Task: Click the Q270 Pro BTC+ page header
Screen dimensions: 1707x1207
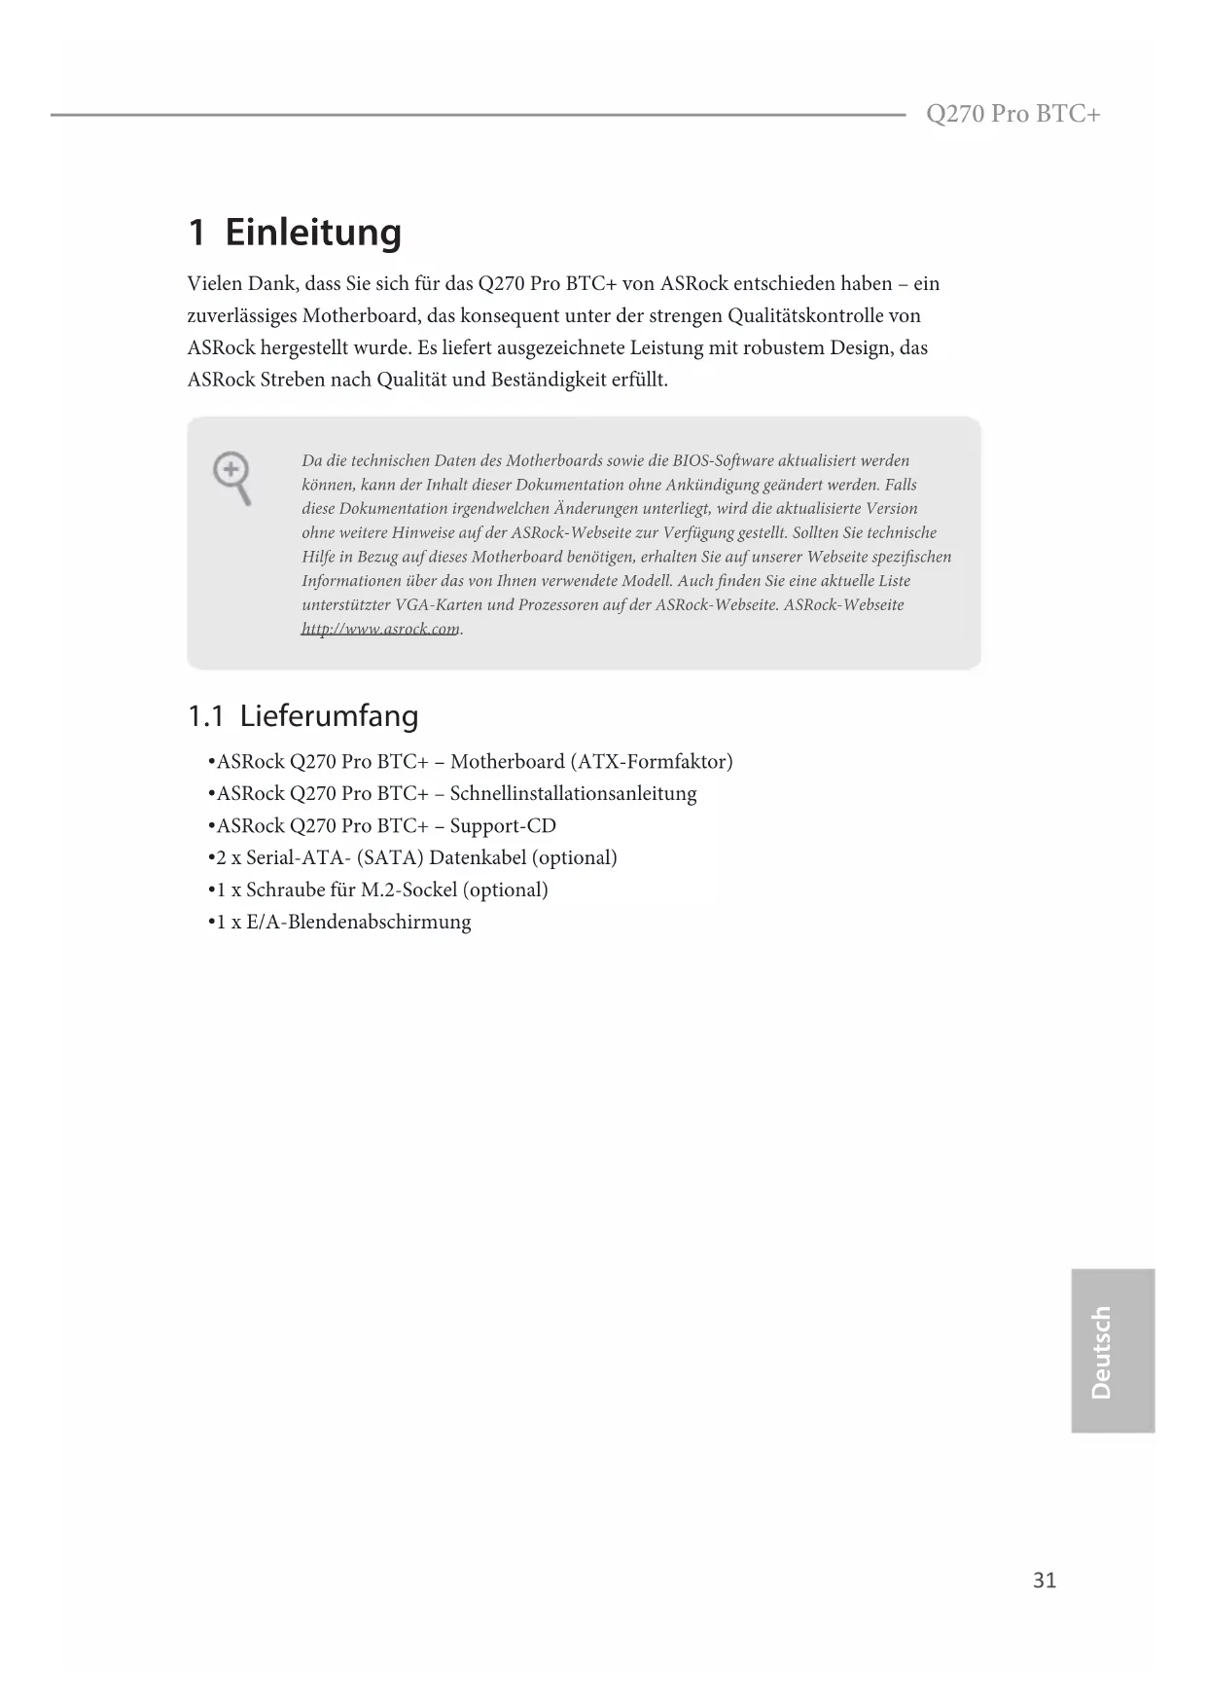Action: pyautogui.click(x=1012, y=115)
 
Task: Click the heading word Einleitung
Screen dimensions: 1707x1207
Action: pyautogui.click(x=313, y=233)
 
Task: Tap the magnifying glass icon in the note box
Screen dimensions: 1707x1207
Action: pyautogui.click(x=232, y=478)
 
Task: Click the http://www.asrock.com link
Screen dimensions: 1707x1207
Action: pyautogui.click(x=380, y=629)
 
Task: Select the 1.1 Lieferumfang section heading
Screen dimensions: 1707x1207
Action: pyautogui.click(x=302, y=716)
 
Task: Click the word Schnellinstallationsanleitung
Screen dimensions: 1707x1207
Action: pyautogui.click(x=573, y=793)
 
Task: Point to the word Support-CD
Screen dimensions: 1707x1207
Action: pyautogui.click(x=503, y=825)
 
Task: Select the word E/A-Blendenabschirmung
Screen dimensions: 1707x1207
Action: pyautogui.click(x=358, y=922)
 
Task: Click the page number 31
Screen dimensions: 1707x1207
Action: pyautogui.click(x=1044, y=1580)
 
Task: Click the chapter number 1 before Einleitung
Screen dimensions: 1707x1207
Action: pyautogui.click(x=196, y=233)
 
